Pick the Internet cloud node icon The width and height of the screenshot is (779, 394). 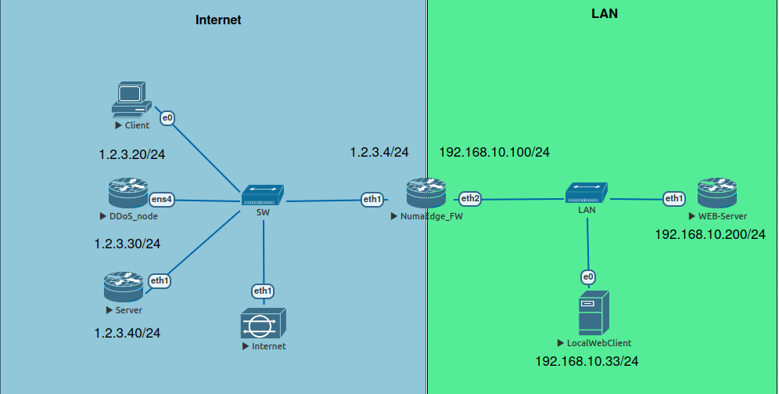(264, 323)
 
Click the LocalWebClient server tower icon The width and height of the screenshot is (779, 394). (593, 313)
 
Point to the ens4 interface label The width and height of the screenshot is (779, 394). (161, 200)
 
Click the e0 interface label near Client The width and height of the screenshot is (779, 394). (167, 118)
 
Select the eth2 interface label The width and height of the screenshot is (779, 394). (470, 199)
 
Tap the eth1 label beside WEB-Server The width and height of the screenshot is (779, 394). (674, 199)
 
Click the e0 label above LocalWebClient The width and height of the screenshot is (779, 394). (587, 277)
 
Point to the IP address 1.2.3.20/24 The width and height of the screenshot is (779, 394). (131, 154)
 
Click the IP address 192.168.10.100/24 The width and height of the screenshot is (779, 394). (494, 152)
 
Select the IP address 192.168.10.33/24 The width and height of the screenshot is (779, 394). (587, 361)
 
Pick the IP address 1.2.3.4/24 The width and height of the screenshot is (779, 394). (379, 152)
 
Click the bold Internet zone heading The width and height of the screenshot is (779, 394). (218, 20)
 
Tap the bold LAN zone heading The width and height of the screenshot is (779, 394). (605, 14)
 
